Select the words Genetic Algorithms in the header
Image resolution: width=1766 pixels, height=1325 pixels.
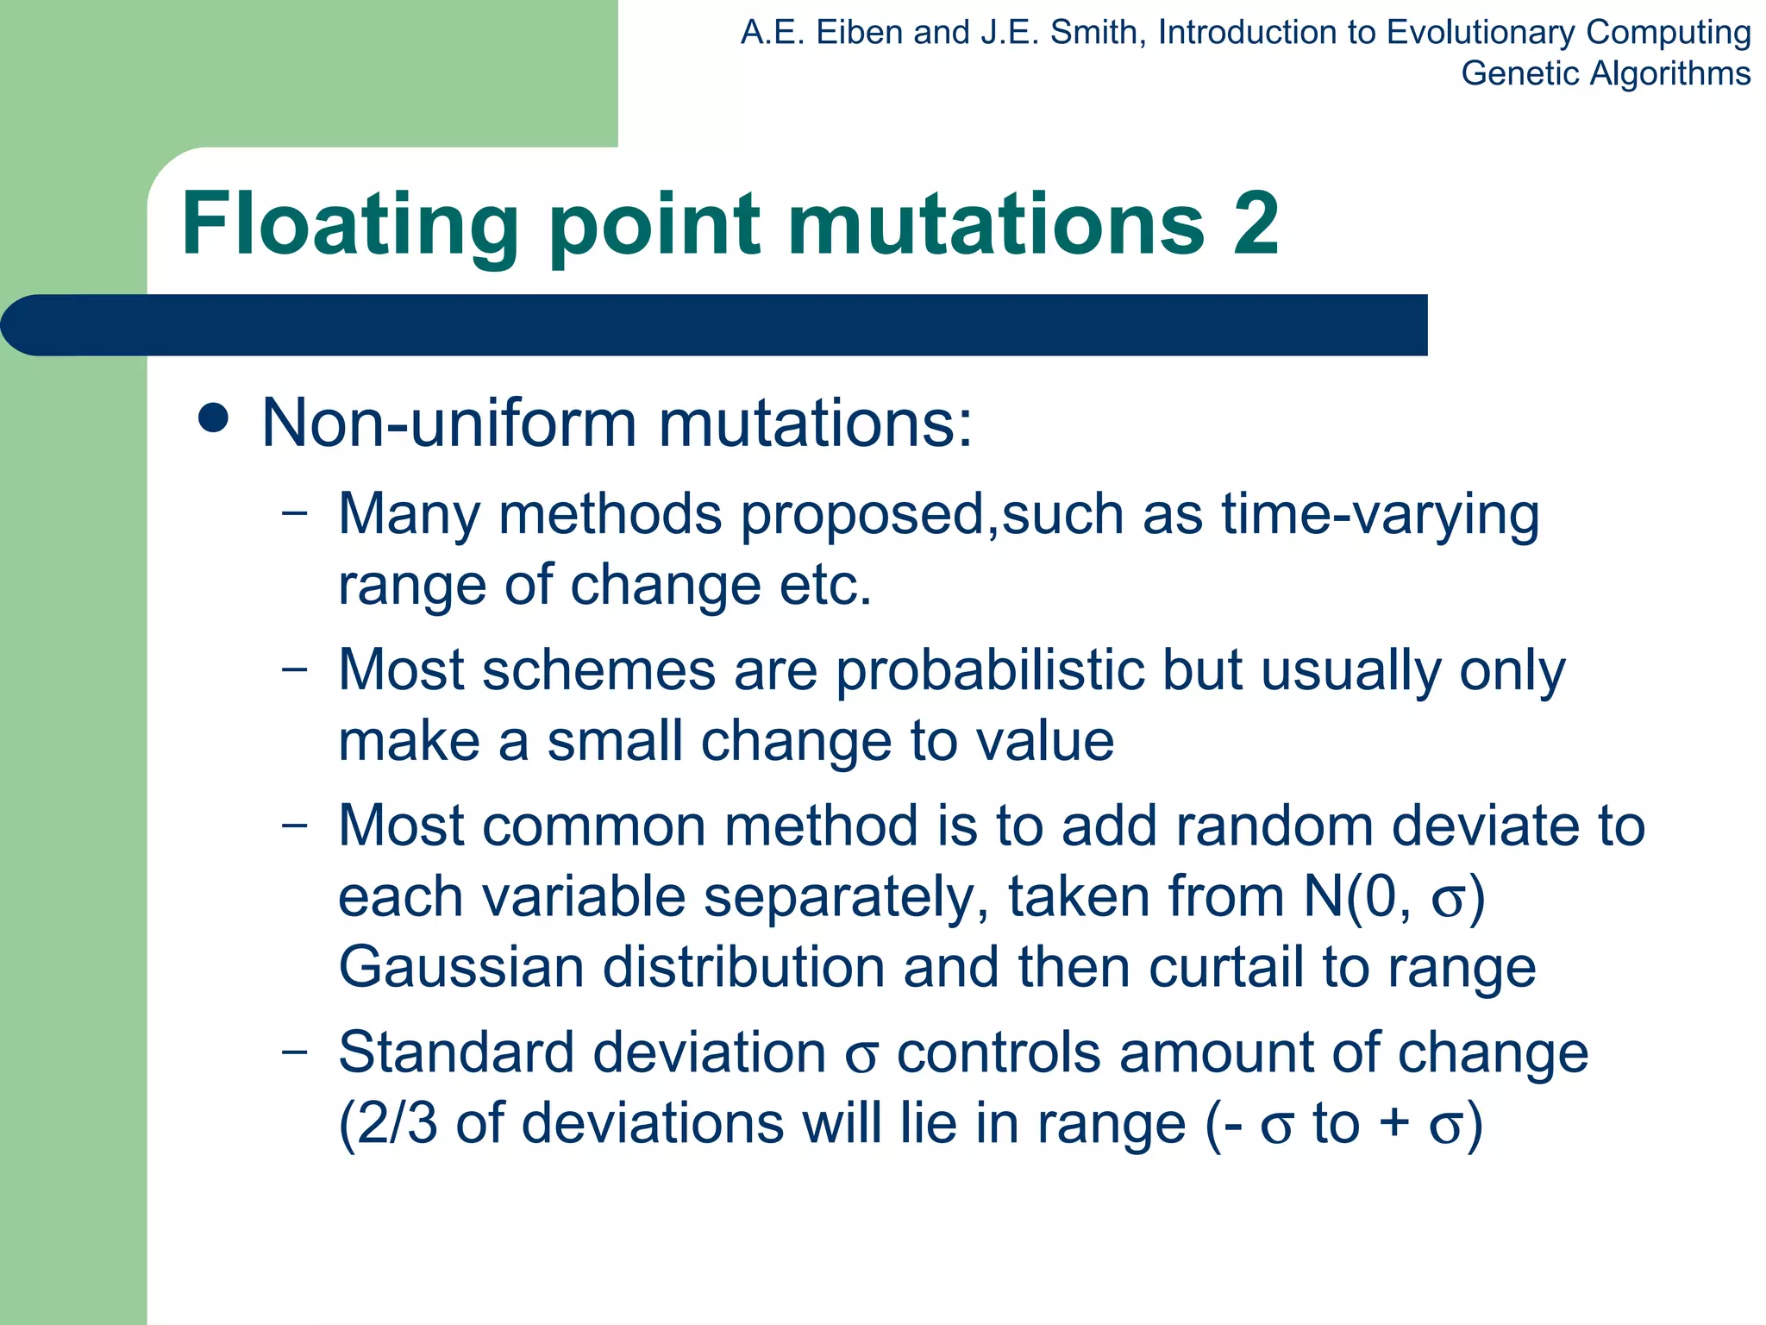click(x=1605, y=73)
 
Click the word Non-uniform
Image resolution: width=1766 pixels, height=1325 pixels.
click(x=449, y=423)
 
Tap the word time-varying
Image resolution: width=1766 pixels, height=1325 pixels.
click(x=1380, y=515)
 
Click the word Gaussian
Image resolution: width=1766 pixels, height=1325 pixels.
click(x=460, y=967)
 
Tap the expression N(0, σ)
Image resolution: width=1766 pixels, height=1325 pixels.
click(x=1393, y=897)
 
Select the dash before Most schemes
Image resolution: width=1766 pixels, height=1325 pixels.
click(x=294, y=669)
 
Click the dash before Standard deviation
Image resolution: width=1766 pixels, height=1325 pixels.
click(x=294, y=1052)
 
